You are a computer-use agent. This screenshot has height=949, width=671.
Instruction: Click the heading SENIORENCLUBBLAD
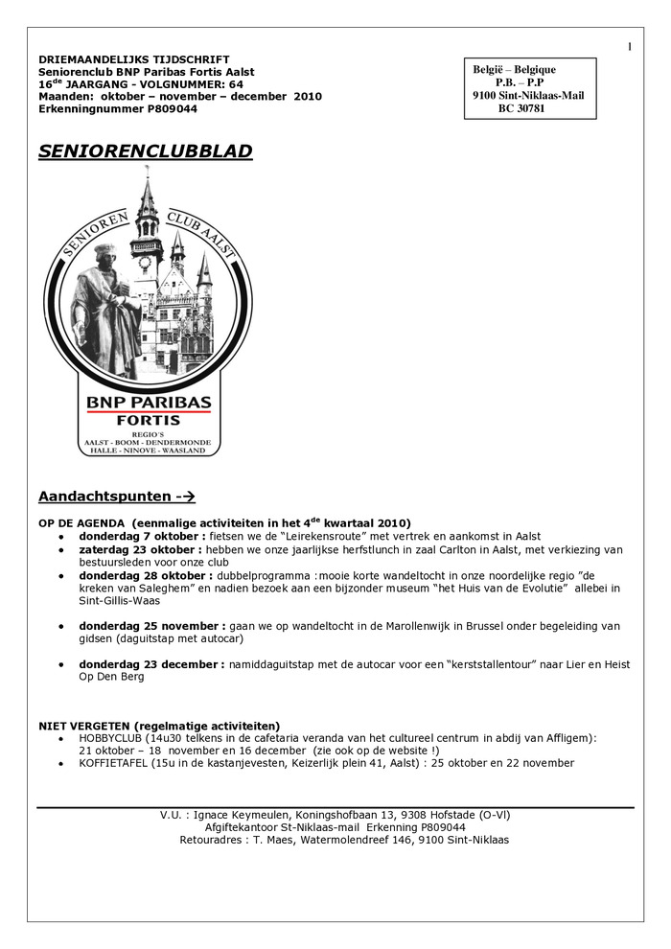146,151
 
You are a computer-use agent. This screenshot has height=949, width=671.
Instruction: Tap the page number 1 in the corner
630,47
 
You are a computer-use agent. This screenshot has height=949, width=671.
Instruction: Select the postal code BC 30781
521,109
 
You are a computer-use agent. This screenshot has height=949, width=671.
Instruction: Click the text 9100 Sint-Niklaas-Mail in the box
528,96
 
